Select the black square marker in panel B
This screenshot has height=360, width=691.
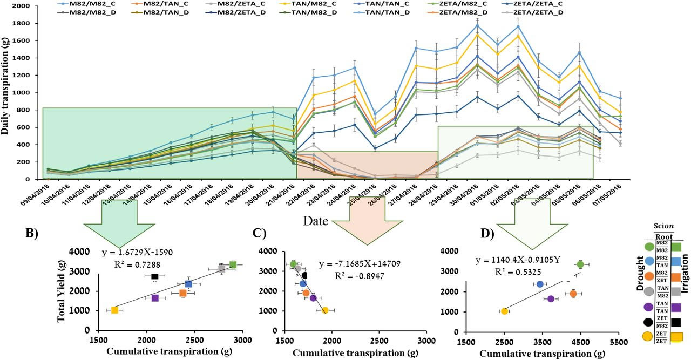tap(154, 276)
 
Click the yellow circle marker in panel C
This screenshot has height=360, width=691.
tap(325, 310)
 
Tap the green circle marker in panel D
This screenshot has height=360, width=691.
tap(580, 264)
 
